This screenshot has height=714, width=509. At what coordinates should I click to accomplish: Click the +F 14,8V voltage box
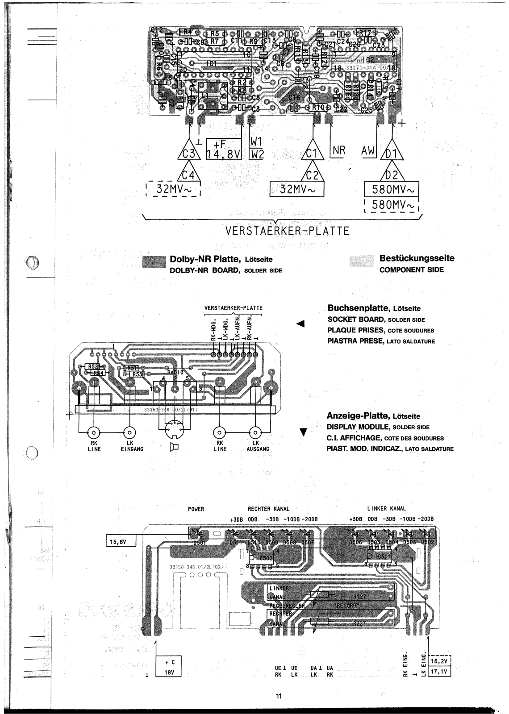(x=223, y=149)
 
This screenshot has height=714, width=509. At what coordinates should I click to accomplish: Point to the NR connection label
(x=339, y=150)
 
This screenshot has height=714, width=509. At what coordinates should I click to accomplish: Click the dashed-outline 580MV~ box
(x=392, y=206)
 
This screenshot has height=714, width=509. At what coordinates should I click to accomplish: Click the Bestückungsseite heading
(x=417, y=258)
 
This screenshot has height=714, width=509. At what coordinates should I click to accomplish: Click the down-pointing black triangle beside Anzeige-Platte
(x=304, y=432)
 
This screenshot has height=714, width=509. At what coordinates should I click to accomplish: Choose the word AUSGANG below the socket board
(x=258, y=449)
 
